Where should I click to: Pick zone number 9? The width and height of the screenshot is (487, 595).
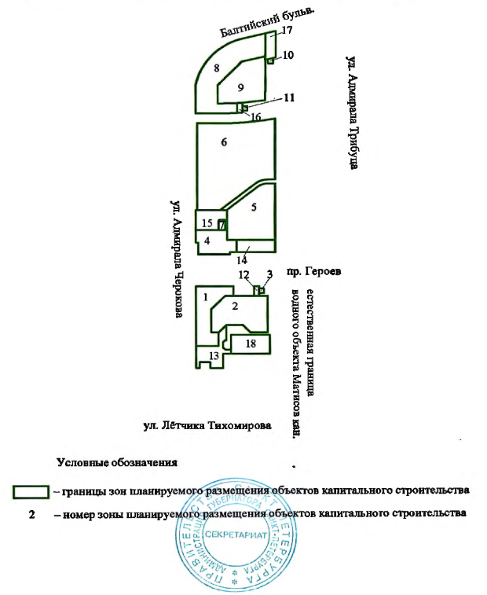[242, 86]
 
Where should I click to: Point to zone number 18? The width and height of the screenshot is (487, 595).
[251, 344]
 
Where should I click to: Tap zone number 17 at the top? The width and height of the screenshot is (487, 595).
[287, 30]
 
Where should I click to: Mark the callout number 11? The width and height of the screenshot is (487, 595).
[289, 97]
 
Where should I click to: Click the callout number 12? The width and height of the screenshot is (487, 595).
[244, 274]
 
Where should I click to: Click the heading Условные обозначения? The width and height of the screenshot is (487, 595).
[117, 461]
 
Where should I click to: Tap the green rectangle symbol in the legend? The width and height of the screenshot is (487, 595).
[31, 491]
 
